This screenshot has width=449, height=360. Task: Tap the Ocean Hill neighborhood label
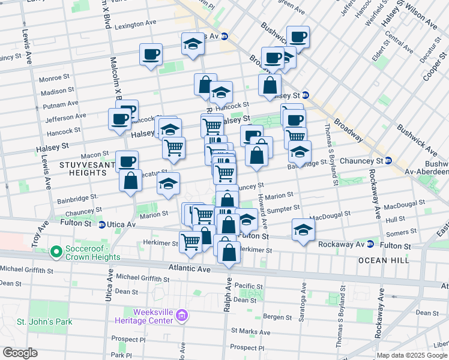tap(384, 260)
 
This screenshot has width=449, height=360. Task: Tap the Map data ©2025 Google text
tap(412, 355)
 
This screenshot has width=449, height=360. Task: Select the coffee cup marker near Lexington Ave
tap(151, 55)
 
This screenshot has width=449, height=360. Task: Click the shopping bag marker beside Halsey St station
tap(270, 85)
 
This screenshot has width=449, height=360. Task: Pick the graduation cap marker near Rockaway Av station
tap(304, 230)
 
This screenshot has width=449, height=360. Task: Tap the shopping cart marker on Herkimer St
tap(191, 242)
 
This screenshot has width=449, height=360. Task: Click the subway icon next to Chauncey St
tap(388, 161)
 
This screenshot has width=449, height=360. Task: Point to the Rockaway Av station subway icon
tap(370, 244)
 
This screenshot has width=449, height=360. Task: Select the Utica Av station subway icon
tap(101, 224)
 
